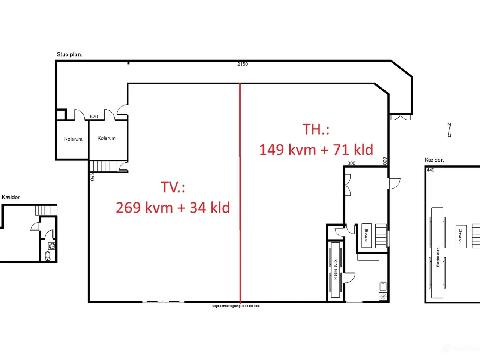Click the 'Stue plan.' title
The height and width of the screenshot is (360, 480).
(69, 55)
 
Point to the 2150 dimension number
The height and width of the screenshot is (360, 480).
(243, 64)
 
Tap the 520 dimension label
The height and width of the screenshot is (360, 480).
(94, 117)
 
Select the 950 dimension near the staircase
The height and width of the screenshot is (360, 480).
(92, 177)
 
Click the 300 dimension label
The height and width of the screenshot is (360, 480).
(351, 163)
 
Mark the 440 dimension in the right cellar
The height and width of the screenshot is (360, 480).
(430, 170)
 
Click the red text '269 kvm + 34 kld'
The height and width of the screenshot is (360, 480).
(173, 207)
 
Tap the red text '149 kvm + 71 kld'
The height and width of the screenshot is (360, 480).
(316, 150)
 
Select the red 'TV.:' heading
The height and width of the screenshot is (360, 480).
(173, 187)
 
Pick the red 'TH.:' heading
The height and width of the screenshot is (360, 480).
(316, 129)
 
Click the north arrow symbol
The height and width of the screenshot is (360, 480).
(449, 130)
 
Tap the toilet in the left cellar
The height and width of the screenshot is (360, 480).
(48, 256)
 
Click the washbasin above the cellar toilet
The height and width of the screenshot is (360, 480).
(52, 246)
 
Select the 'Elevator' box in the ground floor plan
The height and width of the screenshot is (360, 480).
(366, 235)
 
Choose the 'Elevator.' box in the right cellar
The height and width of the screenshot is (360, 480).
(461, 237)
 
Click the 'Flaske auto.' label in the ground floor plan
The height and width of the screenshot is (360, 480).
(336, 270)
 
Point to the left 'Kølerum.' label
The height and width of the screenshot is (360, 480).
(74, 139)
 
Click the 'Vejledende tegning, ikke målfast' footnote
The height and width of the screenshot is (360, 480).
(236, 306)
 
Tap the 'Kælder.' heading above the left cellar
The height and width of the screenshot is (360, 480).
(11, 197)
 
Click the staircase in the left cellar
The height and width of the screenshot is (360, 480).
(46, 210)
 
